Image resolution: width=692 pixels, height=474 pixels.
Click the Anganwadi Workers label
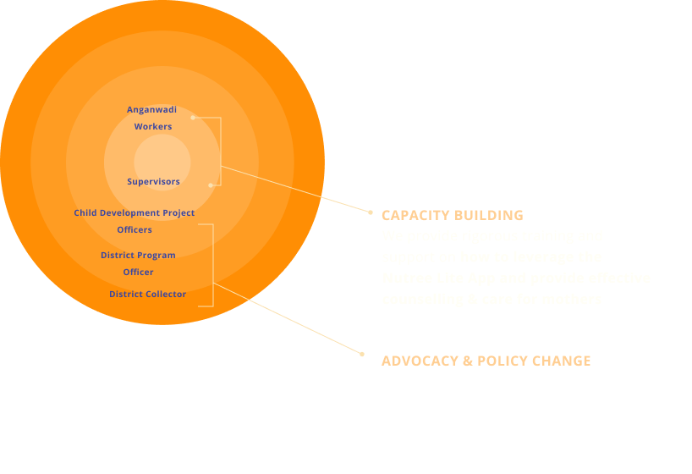(x=152, y=118)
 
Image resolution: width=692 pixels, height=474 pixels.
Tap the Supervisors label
(x=153, y=182)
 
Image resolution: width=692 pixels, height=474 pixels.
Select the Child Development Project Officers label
(x=135, y=221)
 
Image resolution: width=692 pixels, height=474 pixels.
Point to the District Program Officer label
(x=138, y=263)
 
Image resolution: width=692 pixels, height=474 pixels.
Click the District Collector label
(x=147, y=295)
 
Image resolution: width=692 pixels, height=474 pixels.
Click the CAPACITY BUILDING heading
(x=452, y=215)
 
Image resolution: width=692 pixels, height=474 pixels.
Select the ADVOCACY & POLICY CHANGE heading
(x=486, y=361)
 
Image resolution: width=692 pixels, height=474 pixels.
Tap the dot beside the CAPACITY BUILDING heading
(x=371, y=212)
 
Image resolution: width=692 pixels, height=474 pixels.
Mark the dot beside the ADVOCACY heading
(x=361, y=354)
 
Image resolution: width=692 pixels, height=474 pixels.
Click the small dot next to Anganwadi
(x=193, y=118)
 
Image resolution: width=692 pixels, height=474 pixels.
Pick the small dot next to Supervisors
(x=210, y=185)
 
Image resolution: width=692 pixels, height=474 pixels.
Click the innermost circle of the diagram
(x=162, y=162)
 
